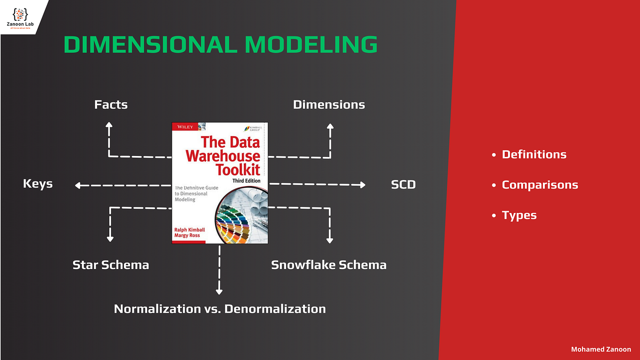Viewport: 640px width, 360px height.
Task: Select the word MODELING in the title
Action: click(x=311, y=45)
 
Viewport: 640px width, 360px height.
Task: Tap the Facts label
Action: click(x=111, y=105)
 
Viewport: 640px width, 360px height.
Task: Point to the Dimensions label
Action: click(x=329, y=105)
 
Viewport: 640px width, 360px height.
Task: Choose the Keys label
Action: click(x=38, y=184)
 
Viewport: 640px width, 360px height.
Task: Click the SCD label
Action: click(x=403, y=185)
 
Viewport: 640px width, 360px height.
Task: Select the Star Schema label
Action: click(x=111, y=265)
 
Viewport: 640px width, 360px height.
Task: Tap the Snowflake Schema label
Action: click(x=328, y=265)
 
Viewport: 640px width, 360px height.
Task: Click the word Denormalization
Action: click(x=275, y=309)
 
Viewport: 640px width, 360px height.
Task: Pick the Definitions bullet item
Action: click(x=534, y=155)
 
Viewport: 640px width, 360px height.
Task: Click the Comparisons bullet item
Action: click(x=540, y=185)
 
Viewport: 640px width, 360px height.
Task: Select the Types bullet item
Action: click(x=519, y=215)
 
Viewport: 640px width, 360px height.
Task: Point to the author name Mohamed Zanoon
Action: click(x=601, y=349)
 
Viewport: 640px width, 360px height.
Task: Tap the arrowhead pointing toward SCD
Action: click(x=362, y=185)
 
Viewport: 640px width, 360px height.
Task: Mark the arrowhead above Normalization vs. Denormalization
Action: click(x=219, y=292)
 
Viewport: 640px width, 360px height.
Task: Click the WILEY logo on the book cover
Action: click(x=184, y=127)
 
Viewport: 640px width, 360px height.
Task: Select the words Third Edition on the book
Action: click(x=246, y=181)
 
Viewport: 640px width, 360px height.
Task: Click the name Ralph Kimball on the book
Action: click(x=189, y=229)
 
